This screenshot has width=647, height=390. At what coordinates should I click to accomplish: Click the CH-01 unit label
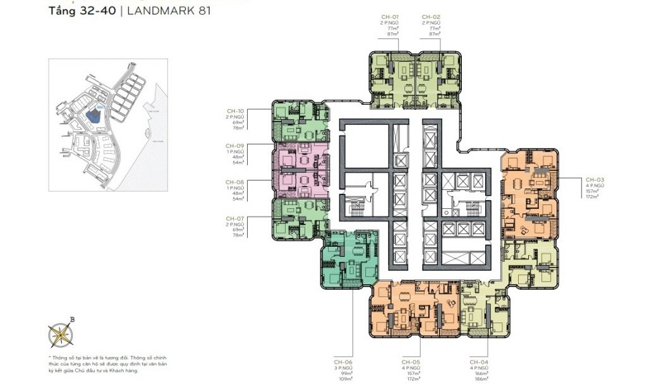point(390,17)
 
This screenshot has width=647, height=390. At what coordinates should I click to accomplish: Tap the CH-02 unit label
point(431,17)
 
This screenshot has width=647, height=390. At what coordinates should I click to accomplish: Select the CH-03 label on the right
point(595,179)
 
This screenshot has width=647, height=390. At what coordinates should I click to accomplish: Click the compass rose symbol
point(61,334)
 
